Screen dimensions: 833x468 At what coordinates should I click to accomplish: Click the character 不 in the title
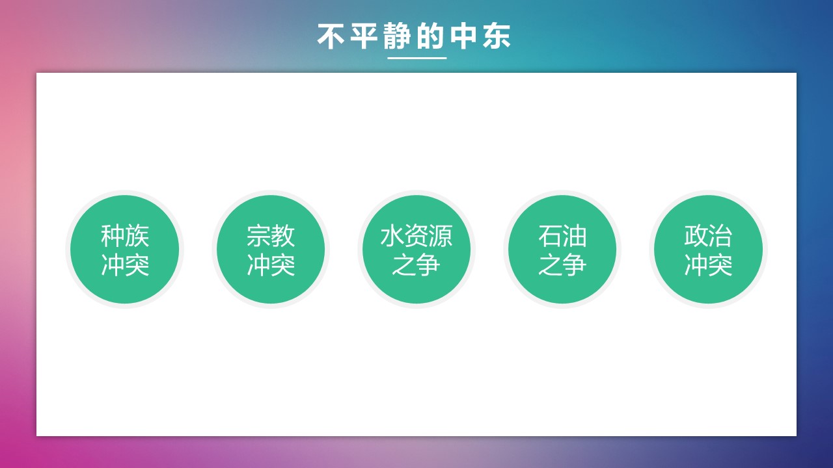click(x=331, y=36)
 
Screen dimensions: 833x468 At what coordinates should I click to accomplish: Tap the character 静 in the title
click(x=397, y=36)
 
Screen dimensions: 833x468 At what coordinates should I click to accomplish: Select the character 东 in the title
click(x=497, y=36)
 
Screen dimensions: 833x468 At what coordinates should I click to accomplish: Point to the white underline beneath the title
click(x=417, y=58)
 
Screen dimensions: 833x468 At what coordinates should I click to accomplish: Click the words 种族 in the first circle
click(x=125, y=236)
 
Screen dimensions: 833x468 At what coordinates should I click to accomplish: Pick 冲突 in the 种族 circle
click(x=125, y=265)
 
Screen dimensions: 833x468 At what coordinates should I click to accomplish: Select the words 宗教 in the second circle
click(x=271, y=236)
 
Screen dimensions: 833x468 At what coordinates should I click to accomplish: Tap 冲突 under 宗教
click(x=271, y=265)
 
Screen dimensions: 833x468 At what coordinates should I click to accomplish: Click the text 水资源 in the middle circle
click(x=416, y=236)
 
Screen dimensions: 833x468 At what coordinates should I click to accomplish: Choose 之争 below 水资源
click(x=416, y=265)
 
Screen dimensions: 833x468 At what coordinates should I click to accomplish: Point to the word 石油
click(x=562, y=236)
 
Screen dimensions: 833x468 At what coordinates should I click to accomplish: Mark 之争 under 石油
click(x=562, y=265)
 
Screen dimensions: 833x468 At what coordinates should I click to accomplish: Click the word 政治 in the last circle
click(x=708, y=236)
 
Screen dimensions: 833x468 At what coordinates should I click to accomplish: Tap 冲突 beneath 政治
click(x=708, y=265)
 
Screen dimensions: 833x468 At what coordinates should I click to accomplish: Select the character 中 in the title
click(x=463, y=36)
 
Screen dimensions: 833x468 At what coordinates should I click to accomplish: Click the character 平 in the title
click(x=364, y=36)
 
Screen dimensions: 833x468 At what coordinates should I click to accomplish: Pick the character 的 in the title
click(x=430, y=36)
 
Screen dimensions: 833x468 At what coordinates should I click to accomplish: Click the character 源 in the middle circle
click(x=441, y=236)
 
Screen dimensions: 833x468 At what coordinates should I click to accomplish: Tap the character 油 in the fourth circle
click(x=575, y=236)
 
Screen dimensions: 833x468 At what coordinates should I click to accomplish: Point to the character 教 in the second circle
click(x=283, y=236)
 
